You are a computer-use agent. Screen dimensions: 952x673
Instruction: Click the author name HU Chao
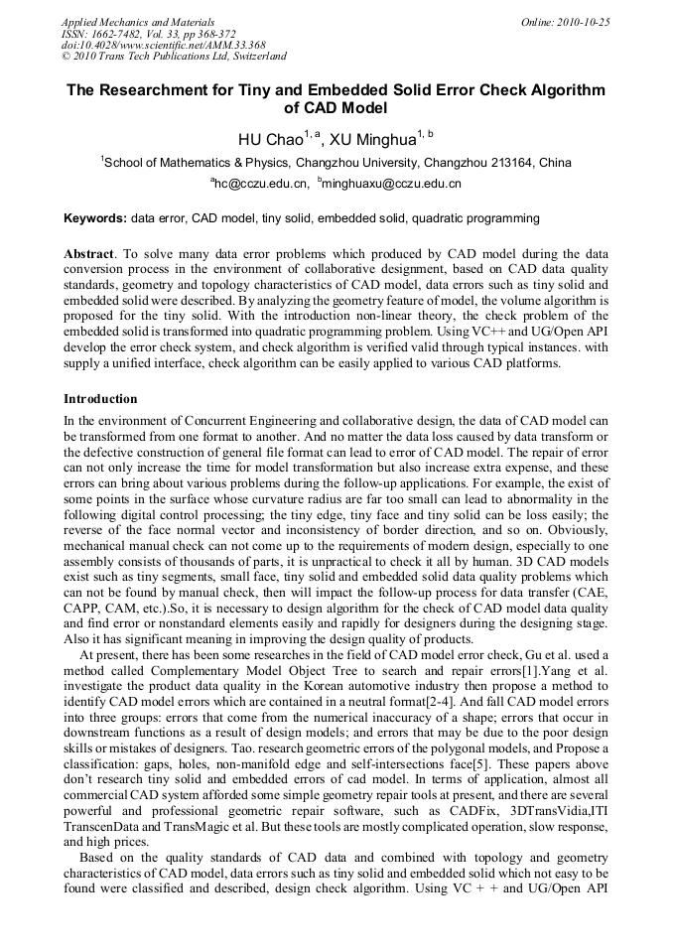coord(269,138)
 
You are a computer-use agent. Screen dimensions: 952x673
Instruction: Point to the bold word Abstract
coord(88,254)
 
